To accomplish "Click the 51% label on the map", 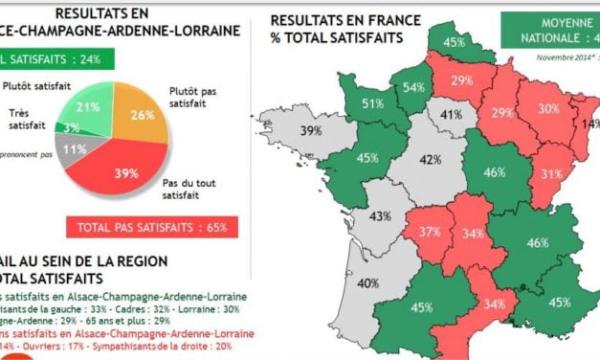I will pos(373,103).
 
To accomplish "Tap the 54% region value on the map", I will pos(413,89).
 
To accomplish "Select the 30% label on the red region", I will pos(547,109).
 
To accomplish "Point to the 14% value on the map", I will pos(588,124).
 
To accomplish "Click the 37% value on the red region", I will pos(431,233).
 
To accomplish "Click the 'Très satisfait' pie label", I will pos(27,118).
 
